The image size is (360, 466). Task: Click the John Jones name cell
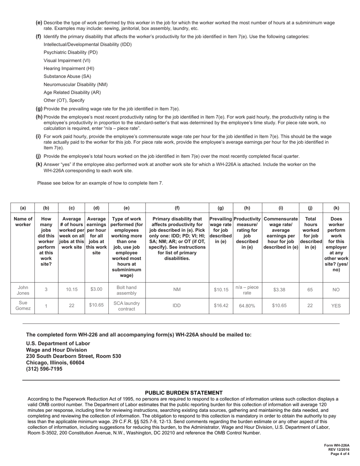point(23,289)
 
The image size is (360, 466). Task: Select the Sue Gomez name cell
point(23,306)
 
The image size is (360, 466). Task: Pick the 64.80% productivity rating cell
point(247,306)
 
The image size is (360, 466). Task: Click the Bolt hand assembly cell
point(127,289)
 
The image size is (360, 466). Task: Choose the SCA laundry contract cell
point(127,306)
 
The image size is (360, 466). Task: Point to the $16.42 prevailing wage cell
point(221,306)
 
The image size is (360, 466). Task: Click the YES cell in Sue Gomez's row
point(336,306)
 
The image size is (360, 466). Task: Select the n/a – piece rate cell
point(247,289)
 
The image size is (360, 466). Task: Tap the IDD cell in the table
point(177,306)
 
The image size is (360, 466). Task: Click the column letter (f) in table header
point(177,208)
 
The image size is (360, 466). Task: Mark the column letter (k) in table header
point(336,208)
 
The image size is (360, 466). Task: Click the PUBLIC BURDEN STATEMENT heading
point(184,393)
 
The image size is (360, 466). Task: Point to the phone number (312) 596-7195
point(44,369)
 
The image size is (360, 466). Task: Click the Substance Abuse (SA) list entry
point(67,76)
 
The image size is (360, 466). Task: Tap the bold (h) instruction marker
point(39,117)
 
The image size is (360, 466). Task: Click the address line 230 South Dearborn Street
point(74,356)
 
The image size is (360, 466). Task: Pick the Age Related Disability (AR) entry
point(72,92)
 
